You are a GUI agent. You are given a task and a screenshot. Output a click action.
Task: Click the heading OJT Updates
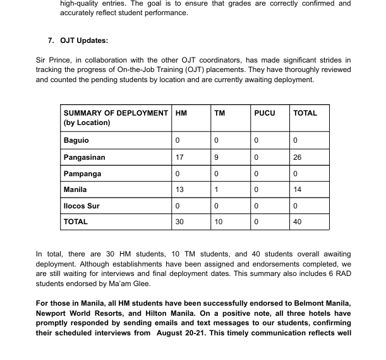click(84, 40)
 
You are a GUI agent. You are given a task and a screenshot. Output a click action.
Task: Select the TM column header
click(219, 113)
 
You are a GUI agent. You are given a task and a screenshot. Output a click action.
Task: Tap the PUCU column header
click(264, 113)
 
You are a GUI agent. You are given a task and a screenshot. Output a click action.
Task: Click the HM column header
click(181, 113)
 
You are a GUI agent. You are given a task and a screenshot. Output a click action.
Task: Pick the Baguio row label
click(76, 140)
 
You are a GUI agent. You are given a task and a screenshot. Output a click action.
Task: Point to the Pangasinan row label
click(84, 157)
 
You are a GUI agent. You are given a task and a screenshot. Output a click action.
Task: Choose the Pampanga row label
click(82, 174)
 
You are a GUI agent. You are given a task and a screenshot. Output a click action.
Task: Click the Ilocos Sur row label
click(81, 206)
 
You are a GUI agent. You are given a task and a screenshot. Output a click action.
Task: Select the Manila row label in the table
click(75, 189)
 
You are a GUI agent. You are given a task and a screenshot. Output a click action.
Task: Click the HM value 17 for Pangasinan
click(179, 157)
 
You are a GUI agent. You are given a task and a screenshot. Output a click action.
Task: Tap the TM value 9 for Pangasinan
click(217, 157)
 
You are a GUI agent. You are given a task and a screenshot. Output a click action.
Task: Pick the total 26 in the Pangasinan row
click(298, 157)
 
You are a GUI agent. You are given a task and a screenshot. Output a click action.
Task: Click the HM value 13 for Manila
click(179, 189)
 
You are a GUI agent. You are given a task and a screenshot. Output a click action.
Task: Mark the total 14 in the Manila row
click(298, 189)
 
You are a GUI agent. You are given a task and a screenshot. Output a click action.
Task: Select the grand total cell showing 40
click(298, 222)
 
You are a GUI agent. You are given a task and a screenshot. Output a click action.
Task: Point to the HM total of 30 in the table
click(179, 222)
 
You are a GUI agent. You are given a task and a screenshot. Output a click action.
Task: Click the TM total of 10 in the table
click(219, 222)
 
